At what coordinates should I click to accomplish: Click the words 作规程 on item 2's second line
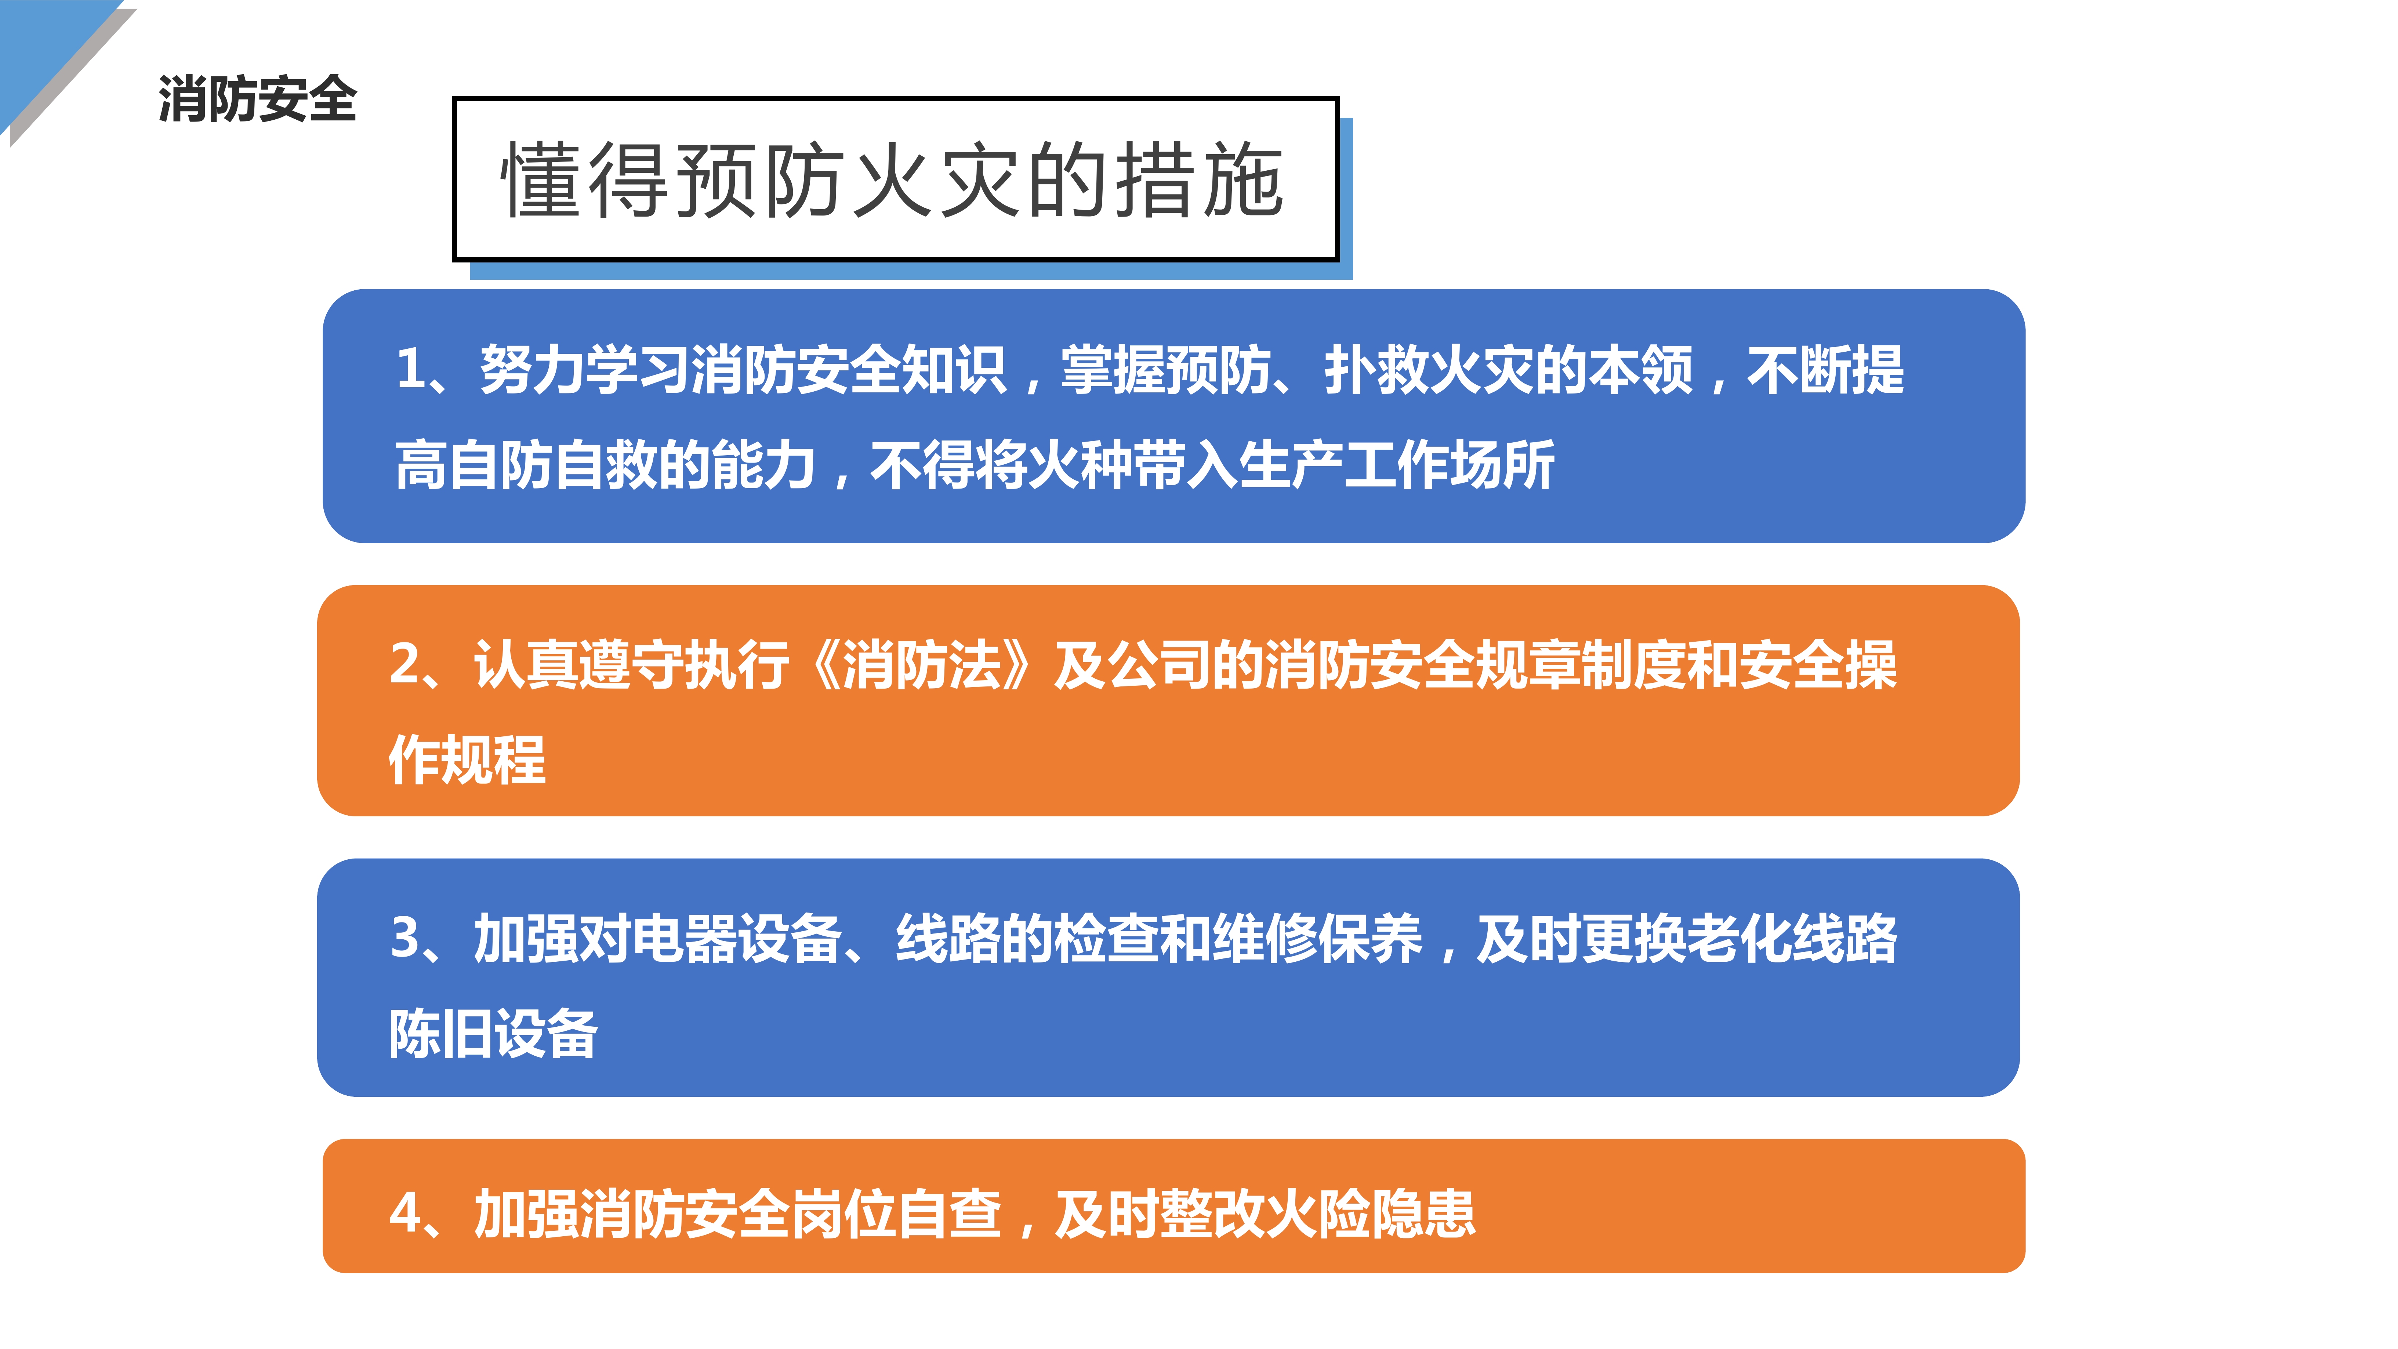click(467, 760)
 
